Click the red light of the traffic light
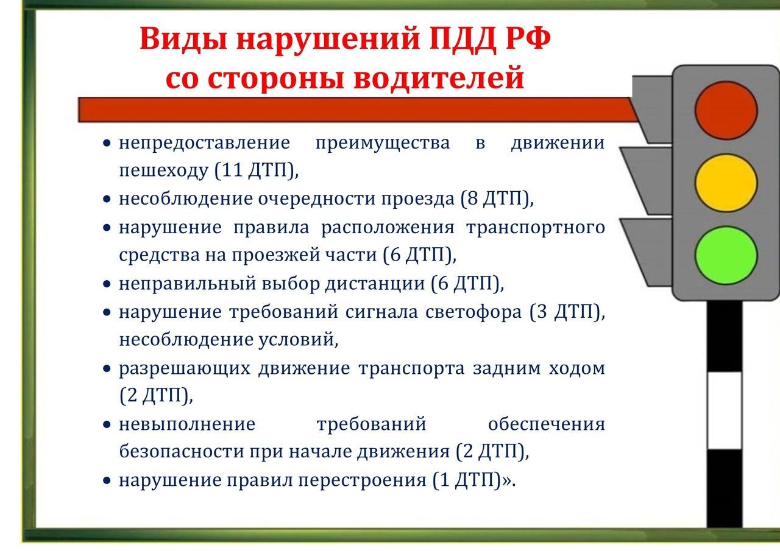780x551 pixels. click(726, 110)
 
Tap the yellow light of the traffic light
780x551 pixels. click(726, 183)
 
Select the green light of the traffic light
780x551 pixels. click(726, 255)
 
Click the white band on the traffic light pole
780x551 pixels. click(725, 410)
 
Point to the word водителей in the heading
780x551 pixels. click(439, 79)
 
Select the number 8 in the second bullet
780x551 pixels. click(472, 198)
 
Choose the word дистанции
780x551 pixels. click(375, 284)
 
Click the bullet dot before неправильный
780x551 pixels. click(107, 284)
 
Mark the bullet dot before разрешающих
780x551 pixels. click(107, 369)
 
